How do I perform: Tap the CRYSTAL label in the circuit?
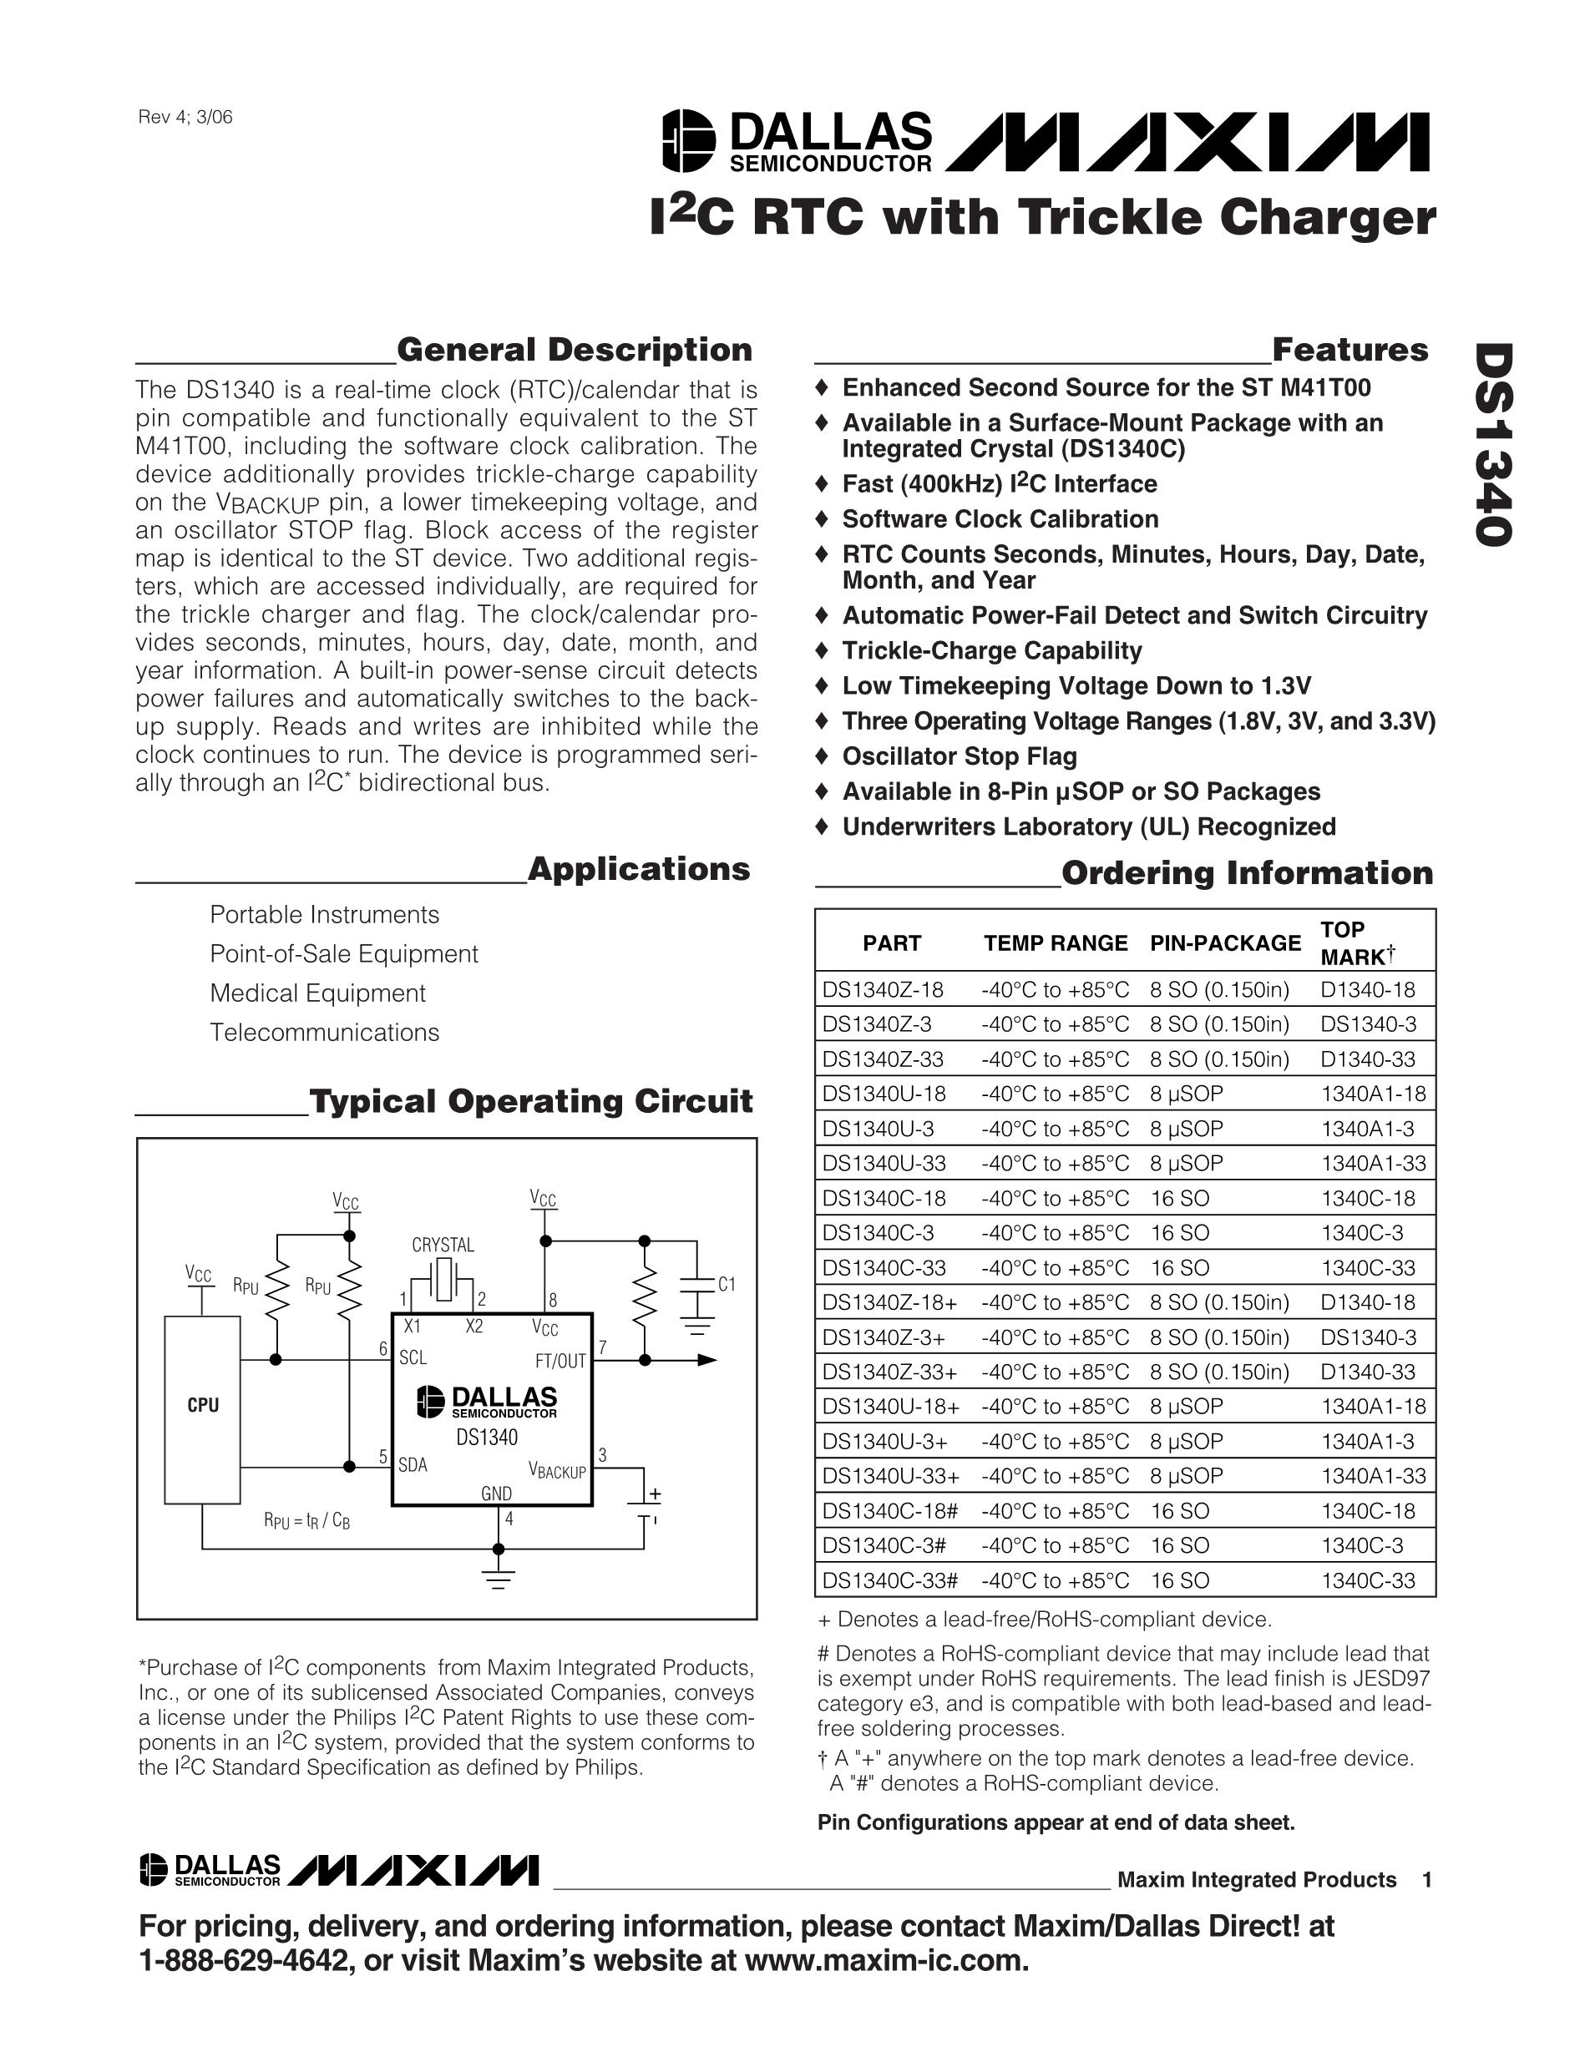(443, 1245)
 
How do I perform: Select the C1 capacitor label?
(727, 1285)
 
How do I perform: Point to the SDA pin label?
(413, 1464)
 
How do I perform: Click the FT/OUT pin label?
(560, 1361)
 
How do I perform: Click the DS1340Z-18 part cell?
(883, 990)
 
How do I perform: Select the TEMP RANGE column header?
(1055, 943)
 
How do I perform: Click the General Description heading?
(575, 351)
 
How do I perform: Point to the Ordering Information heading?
(1246, 873)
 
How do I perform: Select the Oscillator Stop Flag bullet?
(959, 756)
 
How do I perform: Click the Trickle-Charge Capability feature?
(992, 651)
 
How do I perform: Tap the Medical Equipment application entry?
(317, 993)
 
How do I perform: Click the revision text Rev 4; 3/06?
(185, 118)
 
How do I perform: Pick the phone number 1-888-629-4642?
(235, 1960)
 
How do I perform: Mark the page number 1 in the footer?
(1427, 1880)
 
